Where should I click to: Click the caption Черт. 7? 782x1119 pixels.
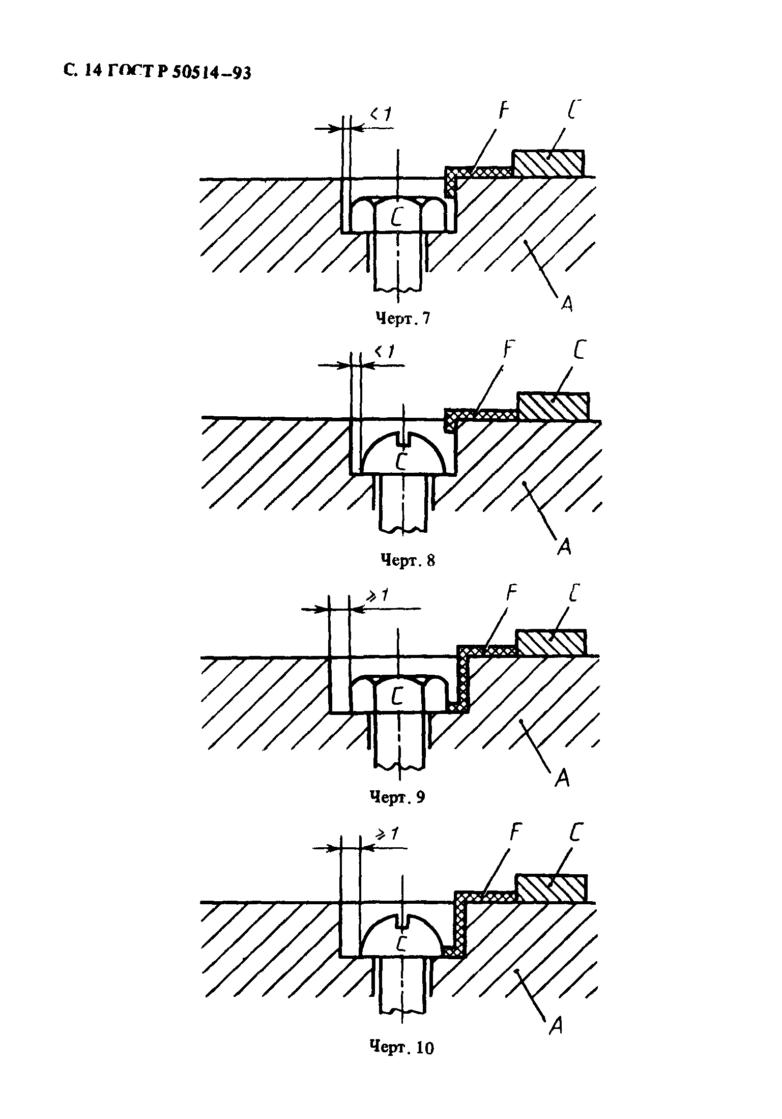point(402,319)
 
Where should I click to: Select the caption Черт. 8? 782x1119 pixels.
point(408,560)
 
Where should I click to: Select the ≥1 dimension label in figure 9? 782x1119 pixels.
point(380,594)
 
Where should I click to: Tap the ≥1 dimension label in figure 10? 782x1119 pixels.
point(388,835)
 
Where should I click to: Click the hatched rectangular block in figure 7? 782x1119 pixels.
point(548,163)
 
